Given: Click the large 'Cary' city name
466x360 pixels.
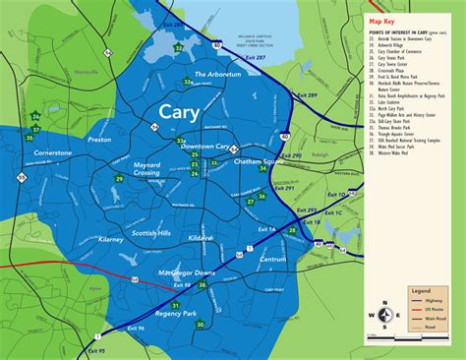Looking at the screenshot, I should [187, 113].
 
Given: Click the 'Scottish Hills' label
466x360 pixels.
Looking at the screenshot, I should [151, 233].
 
